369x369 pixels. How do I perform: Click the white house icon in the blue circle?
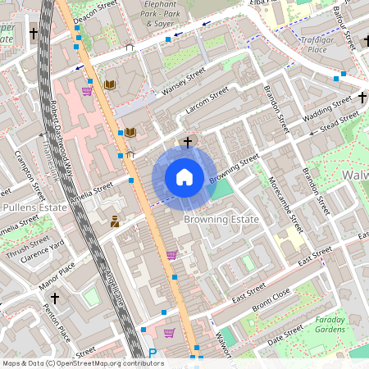(x=184, y=176)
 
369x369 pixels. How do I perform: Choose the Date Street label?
(x=286, y=333)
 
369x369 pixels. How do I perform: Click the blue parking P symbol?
(x=153, y=354)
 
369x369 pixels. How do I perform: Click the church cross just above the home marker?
(x=188, y=142)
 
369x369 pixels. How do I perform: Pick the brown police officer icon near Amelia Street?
(x=115, y=221)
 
